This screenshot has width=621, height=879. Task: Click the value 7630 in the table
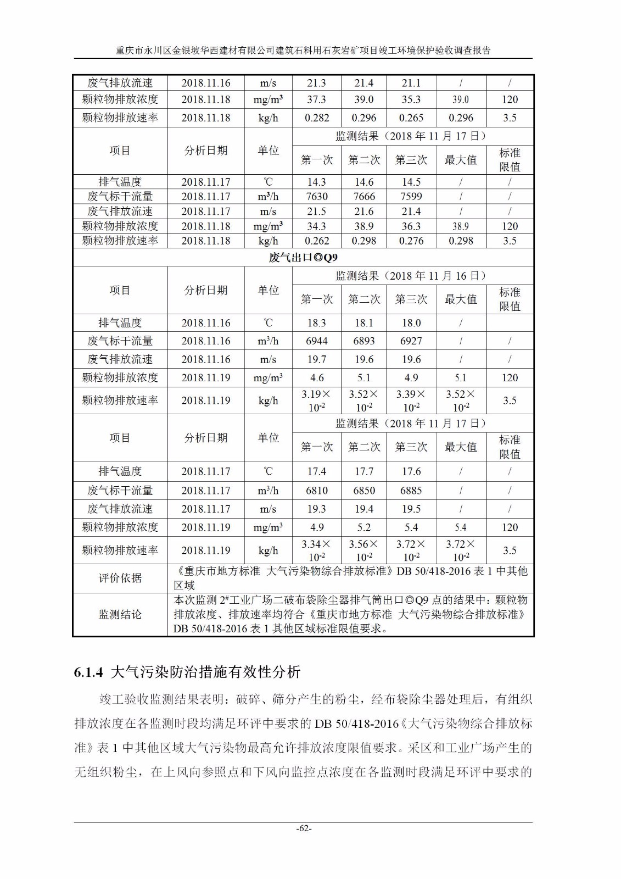(x=316, y=196)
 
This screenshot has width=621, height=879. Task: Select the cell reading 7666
(x=364, y=196)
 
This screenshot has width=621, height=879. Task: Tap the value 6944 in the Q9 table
(x=316, y=341)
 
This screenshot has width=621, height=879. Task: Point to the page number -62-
(x=304, y=828)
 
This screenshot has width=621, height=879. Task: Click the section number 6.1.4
(x=88, y=672)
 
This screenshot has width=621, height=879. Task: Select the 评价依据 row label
(x=120, y=578)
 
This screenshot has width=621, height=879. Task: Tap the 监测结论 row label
(x=120, y=614)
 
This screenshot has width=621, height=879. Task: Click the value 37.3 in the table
(x=316, y=99)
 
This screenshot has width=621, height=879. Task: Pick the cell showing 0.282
(x=316, y=118)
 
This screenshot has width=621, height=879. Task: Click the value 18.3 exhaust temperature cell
(x=316, y=323)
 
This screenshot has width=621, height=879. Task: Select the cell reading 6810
(x=316, y=490)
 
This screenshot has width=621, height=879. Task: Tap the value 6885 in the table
(x=411, y=490)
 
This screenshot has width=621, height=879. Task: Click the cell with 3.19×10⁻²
(x=316, y=400)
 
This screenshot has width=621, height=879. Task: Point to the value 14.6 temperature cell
(x=364, y=182)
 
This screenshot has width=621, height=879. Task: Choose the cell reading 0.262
(x=316, y=241)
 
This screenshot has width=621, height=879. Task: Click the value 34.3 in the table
(x=316, y=226)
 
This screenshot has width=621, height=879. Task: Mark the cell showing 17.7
(x=364, y=471)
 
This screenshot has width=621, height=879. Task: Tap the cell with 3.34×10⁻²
(x=316, y=550)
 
